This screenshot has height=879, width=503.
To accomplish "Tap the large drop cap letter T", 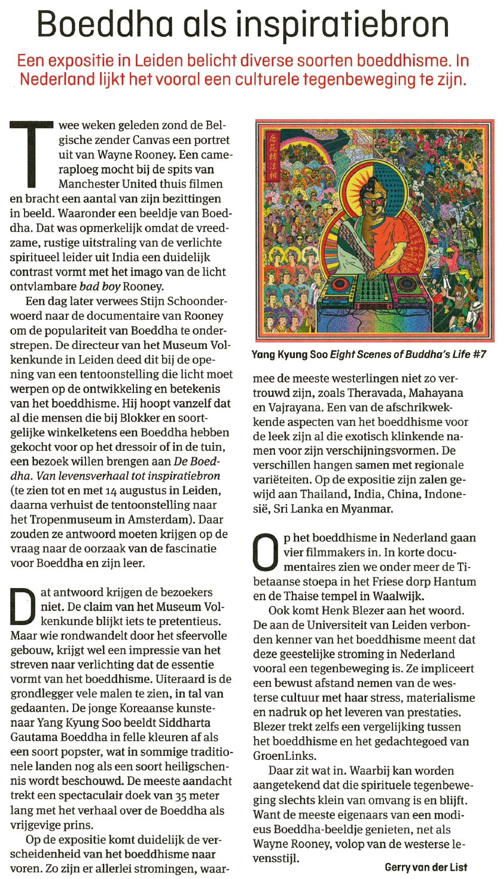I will click(31, 153).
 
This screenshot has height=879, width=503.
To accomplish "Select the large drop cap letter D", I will click(23, 607).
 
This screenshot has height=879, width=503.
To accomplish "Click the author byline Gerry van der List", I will click(426, 867).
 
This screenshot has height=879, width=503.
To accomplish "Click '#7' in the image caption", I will click(478, 354).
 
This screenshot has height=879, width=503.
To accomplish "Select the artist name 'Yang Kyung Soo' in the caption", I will click(290, 354).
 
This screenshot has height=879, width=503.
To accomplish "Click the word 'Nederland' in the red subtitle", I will click(57, 80).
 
